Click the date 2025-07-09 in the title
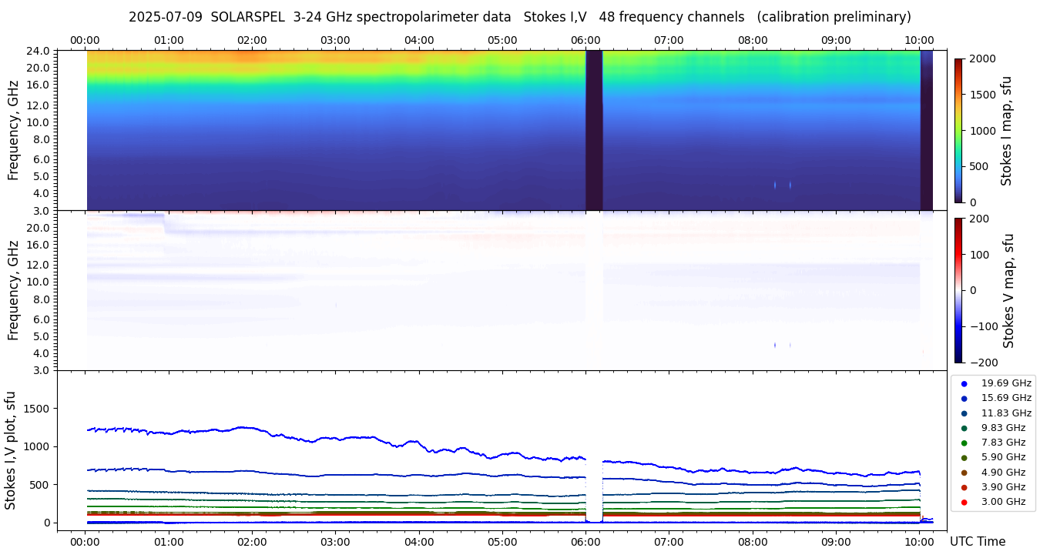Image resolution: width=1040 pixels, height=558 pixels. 166,17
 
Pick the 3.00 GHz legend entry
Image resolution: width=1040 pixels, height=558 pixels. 1002,502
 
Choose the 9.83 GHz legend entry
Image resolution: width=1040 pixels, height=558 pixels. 1002,428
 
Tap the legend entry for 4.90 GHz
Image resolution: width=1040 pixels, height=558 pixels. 1002,473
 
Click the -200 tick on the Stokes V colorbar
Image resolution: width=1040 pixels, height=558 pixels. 983,363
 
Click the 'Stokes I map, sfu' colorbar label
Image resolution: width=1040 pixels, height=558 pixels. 1006,131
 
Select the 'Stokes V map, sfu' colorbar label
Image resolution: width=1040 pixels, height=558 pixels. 1008,291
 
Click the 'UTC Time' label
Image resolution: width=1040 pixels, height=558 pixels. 977,542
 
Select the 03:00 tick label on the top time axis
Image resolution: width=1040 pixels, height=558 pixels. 335,40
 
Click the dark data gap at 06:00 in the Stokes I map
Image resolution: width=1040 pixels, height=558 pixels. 594,131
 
